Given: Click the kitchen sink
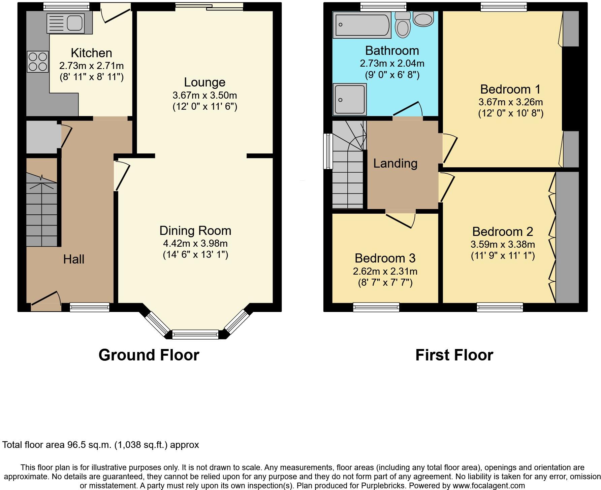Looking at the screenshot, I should pos(69,24).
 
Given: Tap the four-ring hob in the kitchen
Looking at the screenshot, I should pos(38,62).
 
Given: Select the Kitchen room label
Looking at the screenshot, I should pos(91,53).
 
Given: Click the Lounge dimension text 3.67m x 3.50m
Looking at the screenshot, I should pos(204,95).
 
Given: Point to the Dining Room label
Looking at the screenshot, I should pos(195,231).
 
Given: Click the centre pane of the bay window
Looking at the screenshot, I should pos(195,334).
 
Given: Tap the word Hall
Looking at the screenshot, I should pos(73,259).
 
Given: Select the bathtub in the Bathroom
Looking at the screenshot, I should pos(362,25).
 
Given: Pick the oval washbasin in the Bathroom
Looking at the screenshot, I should pos(423,19).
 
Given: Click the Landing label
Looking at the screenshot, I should pos(395,164).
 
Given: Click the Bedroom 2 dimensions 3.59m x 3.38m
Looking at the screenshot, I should pos(503,244).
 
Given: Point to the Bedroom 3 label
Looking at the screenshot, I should pos(385,258).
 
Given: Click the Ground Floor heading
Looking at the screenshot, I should pos(149,355).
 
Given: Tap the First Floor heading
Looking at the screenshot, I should pos(454,355).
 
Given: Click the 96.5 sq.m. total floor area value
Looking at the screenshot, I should pos(89,445).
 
